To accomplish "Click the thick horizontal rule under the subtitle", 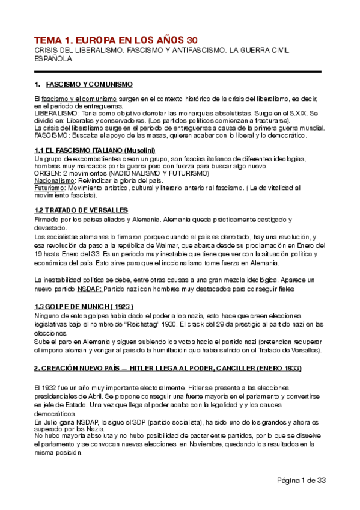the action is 178,72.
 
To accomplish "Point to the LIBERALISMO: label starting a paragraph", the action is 55,113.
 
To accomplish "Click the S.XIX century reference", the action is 304,113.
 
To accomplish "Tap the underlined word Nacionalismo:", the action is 55,180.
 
